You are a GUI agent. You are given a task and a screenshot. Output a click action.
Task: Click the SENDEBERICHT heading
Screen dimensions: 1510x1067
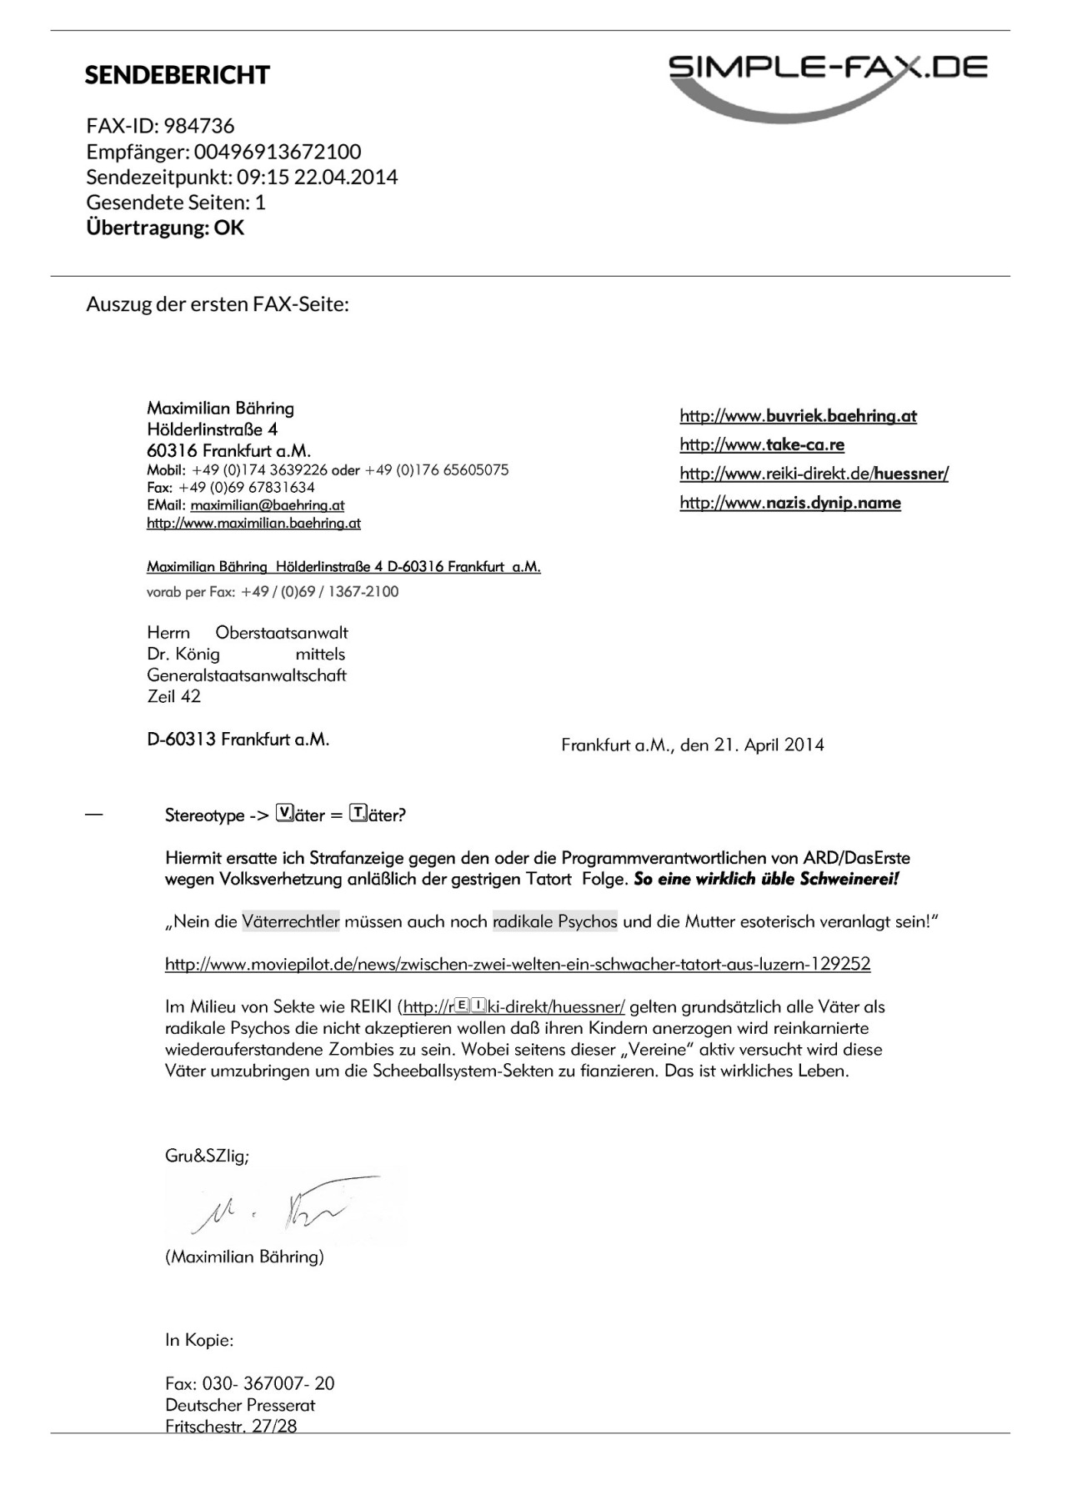point(177,75)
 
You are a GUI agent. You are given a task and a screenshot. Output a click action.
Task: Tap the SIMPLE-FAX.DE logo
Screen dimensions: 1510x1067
point(828,78)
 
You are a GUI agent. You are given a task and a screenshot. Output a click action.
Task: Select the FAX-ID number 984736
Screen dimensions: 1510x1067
point(199,126)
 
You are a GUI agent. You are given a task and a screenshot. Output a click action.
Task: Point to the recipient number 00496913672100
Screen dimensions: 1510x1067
point(278,152)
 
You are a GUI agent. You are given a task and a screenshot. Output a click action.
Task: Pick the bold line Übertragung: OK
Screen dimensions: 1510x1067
point(165,228)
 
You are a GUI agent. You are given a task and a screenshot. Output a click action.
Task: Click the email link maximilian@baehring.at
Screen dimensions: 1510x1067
point(267,505)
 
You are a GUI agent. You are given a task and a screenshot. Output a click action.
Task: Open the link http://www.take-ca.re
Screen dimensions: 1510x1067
point(762,444)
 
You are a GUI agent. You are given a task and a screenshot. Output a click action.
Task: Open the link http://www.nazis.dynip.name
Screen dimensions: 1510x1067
point(790,502)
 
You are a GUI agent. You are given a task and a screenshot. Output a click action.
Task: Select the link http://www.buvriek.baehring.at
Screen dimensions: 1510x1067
point(798,415)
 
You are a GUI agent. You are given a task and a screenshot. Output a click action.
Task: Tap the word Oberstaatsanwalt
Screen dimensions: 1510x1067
point(282,633)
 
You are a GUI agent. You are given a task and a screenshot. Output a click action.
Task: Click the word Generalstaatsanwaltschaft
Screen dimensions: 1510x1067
point(247,675)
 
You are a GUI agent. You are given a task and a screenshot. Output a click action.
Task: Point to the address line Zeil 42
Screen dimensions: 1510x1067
point(173,696)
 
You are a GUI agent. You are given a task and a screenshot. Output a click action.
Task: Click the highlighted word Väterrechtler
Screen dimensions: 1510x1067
point(291,921)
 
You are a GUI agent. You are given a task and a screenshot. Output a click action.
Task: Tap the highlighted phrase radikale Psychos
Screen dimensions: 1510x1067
point(555,921)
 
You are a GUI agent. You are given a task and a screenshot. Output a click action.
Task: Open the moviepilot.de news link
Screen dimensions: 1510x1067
point(518,965)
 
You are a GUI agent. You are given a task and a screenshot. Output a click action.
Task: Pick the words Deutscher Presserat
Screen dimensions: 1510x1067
point(240,1405)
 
